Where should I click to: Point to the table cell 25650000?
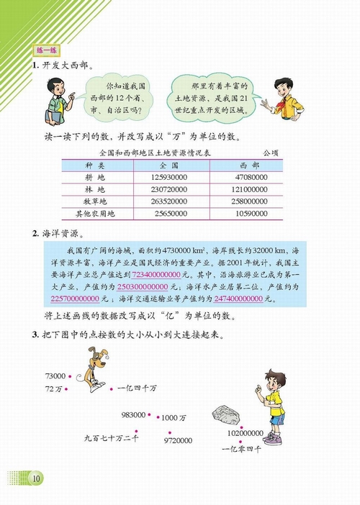171,214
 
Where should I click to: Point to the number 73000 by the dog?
55,376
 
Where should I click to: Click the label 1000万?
176,417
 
